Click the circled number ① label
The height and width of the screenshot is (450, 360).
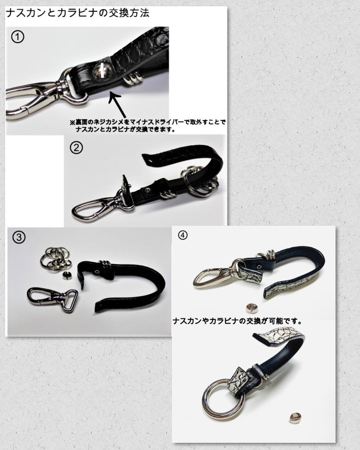pos(18,37)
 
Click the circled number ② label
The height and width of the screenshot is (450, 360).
pos(76,148)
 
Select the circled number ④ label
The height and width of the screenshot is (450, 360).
pos(182,235)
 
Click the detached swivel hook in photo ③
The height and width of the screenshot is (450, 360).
pos(52,298)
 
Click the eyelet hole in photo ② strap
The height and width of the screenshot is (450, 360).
pos(148,190)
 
